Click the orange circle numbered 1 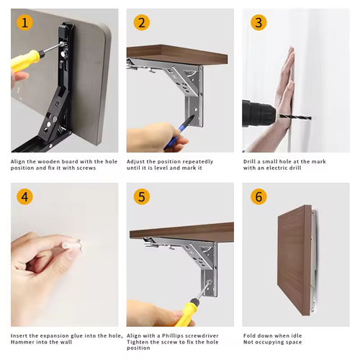pos(24,22)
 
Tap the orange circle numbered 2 pos(142,22)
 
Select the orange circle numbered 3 pos(258,22)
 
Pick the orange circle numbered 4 pos(24,197)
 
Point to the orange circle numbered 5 pos(142,197)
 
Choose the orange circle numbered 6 pos(258,197)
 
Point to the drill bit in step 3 pos(294,117)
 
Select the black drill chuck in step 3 pos(260,114)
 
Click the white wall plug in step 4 pos(73,246)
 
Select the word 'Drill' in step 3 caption pos(249,161)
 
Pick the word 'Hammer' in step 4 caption pos(20,342)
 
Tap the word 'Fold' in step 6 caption pos(248,336)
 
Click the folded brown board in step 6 pos(294,261)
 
